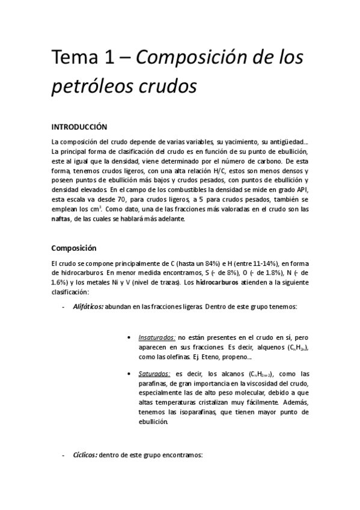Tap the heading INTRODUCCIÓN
point(79,127)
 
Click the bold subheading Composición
point(74,247)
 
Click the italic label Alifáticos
point(88,307)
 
